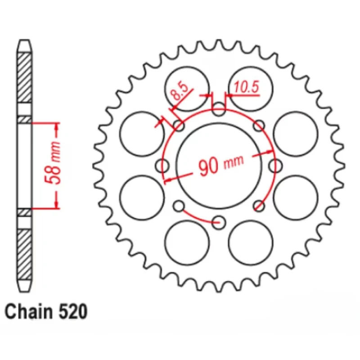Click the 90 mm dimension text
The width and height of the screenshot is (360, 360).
click(x=221, y=164)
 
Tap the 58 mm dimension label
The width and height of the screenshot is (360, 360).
click(x=53, y=163)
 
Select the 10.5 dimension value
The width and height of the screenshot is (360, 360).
click(x=246, y=87)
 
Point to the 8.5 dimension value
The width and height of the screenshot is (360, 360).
click(x=180, y=91)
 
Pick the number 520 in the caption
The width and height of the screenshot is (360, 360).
click(x=73, y=312)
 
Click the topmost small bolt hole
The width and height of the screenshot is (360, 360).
click(x=219, y=109)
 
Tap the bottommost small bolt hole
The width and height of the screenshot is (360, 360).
click(x=219, y=222)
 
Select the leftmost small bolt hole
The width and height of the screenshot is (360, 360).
click(x=162, y=166)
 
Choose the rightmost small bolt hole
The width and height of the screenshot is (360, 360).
click(x=275, y=166)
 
